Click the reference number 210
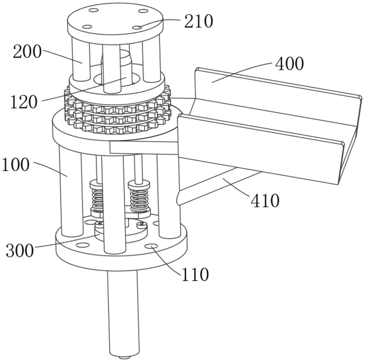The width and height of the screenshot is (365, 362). click(x=198, y=21)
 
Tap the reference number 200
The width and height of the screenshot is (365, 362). click(x=27, y=51)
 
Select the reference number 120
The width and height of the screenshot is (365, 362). click(x=24, y=102)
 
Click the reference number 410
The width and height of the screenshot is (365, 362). click(x=265, y=200)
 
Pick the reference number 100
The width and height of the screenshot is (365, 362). click(x=16, y=165)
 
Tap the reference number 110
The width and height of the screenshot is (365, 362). click(x=195, y=274)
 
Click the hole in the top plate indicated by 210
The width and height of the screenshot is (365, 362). click(x=137, y=28)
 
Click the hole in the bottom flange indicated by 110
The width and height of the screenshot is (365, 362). click(x=151, y=246)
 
